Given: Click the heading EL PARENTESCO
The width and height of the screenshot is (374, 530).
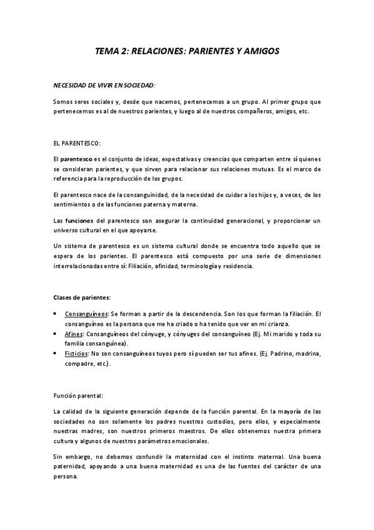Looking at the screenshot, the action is tap(78, 143).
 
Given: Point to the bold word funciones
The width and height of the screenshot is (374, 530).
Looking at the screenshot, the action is tap(81, 221).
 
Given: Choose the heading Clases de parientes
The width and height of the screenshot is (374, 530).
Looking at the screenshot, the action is tap(82, 296).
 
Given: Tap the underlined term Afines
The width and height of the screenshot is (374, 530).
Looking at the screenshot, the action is tap(73, 334).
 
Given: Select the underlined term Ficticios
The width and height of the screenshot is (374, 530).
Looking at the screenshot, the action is tap(76, 354).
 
